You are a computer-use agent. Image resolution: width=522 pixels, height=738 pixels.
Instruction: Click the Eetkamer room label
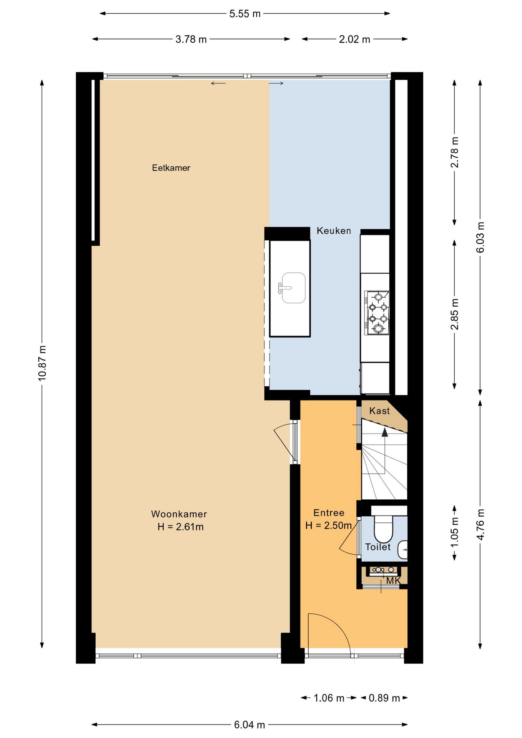tap(171, 168)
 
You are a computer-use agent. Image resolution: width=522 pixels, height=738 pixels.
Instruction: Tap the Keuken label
tap(334, 231)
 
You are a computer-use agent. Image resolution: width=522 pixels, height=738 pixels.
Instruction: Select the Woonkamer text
tap(179, 514)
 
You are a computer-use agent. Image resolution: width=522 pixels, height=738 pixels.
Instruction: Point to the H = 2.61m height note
tap(180, 527)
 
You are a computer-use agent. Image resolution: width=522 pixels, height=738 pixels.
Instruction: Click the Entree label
tap(329, 513)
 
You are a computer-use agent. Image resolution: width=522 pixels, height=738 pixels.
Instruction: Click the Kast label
tap(379, 411)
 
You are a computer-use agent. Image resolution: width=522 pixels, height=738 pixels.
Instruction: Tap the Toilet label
tap(377, 547)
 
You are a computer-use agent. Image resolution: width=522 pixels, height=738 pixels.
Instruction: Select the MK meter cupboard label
tap(393, 581)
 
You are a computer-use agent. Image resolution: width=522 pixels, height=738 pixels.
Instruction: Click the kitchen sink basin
tap(294, 288)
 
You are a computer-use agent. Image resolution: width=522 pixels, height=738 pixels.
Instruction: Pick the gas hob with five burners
tap(377, 312)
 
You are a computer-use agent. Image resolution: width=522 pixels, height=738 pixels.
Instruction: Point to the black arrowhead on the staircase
tap(385, 432)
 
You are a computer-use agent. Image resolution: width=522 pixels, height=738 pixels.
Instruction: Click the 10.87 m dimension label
tap(42, 363)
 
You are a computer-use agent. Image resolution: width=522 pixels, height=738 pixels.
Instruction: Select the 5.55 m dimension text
tap(245, 14)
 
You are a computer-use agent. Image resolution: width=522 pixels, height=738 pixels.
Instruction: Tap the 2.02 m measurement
tap(354, 39)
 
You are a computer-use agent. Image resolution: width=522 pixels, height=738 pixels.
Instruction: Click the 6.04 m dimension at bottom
tap(249, 725)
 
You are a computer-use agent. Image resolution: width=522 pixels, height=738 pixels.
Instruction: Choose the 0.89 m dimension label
tap(384, 698)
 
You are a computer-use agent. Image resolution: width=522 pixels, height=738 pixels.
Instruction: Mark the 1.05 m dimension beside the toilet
tap(454, 533)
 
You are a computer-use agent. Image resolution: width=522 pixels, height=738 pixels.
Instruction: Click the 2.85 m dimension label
tap(454, 314)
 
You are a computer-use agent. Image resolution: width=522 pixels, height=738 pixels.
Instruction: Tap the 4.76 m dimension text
tap(480, 524)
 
